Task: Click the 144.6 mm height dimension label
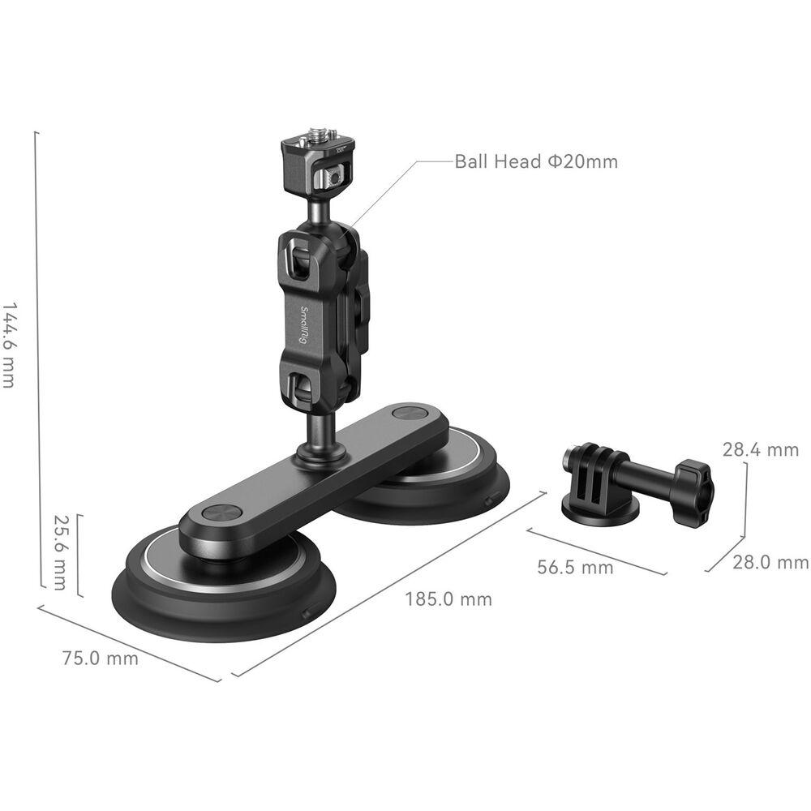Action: point(9,345)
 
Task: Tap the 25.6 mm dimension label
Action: point(61,552)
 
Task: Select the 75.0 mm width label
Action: point(101,659)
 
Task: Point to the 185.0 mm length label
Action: point(448,599)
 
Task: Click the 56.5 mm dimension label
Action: point(575,567)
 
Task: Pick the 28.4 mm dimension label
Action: point(761,449)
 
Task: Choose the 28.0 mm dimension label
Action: point(770,562)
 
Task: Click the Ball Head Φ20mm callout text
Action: point(536,161)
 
